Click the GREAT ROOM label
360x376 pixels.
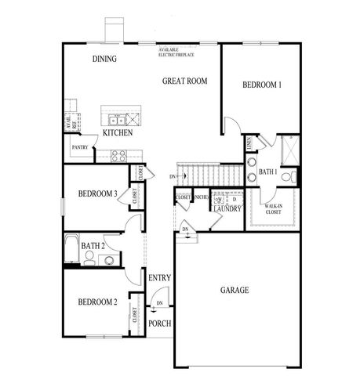[x=184, y=80]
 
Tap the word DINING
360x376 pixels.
[x=104, y=59]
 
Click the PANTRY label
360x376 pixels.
[x=79, y=146]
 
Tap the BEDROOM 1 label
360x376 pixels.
[x=261, y=85]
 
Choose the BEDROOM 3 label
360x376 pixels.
[x=97, y=194]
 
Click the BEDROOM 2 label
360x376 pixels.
[x=97, y=302]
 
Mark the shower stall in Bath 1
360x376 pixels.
[x=286, y=149]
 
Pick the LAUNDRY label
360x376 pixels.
[x=226, y=209]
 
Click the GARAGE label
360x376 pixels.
[x=234, y=291]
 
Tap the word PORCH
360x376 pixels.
[x=159, y=324]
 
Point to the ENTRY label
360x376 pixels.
[x=159, y=278]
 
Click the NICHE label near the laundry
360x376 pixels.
[x=201, y=197]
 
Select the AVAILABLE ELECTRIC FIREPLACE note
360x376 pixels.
[x=177, y=52]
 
